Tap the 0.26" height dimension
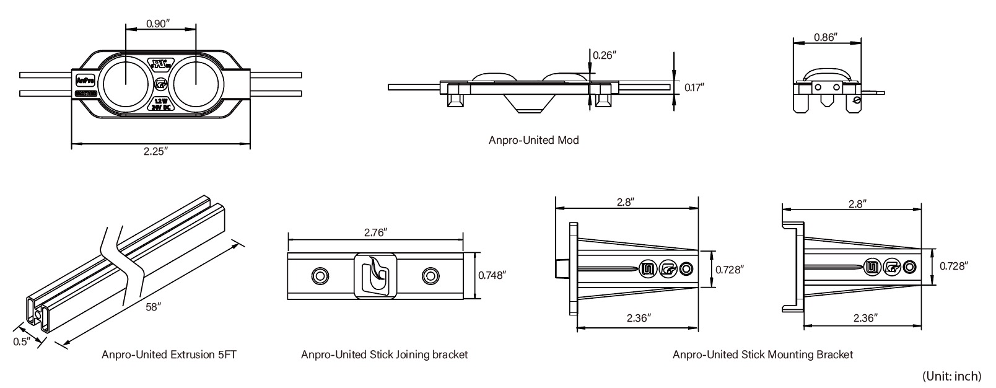605,55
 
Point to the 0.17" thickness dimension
694,87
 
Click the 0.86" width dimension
826,37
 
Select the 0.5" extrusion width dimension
22,342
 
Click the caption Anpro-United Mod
533,140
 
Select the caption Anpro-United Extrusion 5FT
169,355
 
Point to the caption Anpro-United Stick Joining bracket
384,355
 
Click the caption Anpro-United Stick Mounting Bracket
762,355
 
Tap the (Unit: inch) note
952,376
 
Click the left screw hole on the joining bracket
320,275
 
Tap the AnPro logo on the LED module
84,81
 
